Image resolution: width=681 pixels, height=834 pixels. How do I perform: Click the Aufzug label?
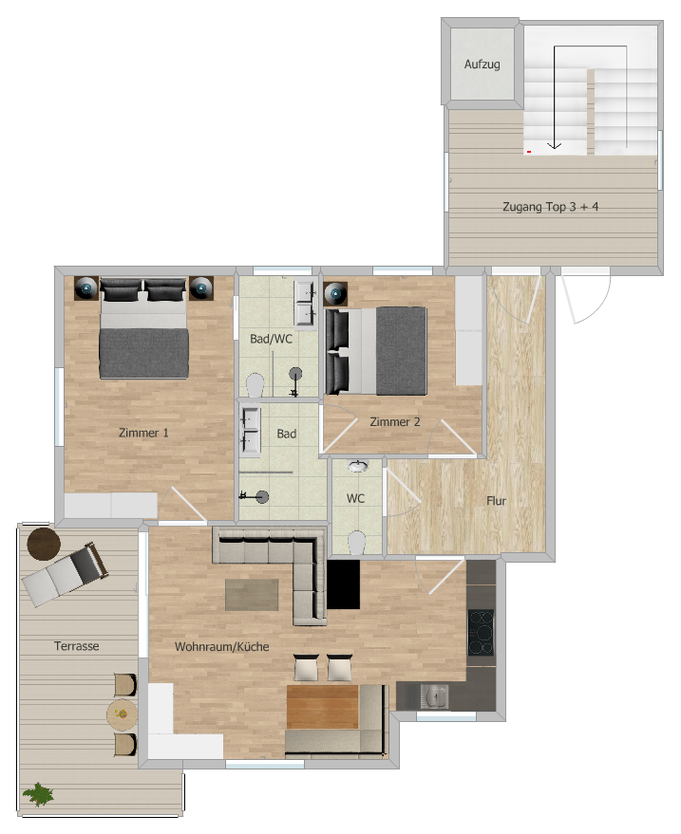point(482,65)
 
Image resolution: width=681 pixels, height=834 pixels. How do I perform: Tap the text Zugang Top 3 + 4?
point(550,207)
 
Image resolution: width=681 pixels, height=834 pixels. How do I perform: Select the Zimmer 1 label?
point(143,433)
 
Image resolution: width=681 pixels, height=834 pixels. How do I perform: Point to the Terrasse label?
point(77,646)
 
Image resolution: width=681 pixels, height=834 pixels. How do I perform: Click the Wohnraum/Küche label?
point(221,646)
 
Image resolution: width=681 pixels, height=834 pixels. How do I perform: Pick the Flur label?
point(496,501)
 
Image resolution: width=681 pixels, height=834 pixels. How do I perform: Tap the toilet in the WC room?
point(357,543)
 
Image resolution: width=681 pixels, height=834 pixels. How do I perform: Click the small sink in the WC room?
point(357,466)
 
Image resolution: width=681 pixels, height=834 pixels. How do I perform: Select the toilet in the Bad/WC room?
point(255,385)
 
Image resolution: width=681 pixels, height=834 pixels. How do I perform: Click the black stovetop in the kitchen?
point(481,632)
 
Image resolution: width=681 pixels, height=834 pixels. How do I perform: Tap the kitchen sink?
point(434,696)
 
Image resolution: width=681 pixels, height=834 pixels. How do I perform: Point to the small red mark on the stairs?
point(529,152)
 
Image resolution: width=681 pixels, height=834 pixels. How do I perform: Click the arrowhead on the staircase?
point(555,145)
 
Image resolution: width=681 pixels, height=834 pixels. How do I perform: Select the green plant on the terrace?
point(38,795)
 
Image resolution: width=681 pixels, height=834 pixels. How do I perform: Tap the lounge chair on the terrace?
point(65,574)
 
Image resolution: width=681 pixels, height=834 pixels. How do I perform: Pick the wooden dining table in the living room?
point(322,707)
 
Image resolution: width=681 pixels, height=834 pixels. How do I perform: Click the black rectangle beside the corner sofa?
point(343,584)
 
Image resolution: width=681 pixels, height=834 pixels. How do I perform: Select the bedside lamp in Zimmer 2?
point(335,293)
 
